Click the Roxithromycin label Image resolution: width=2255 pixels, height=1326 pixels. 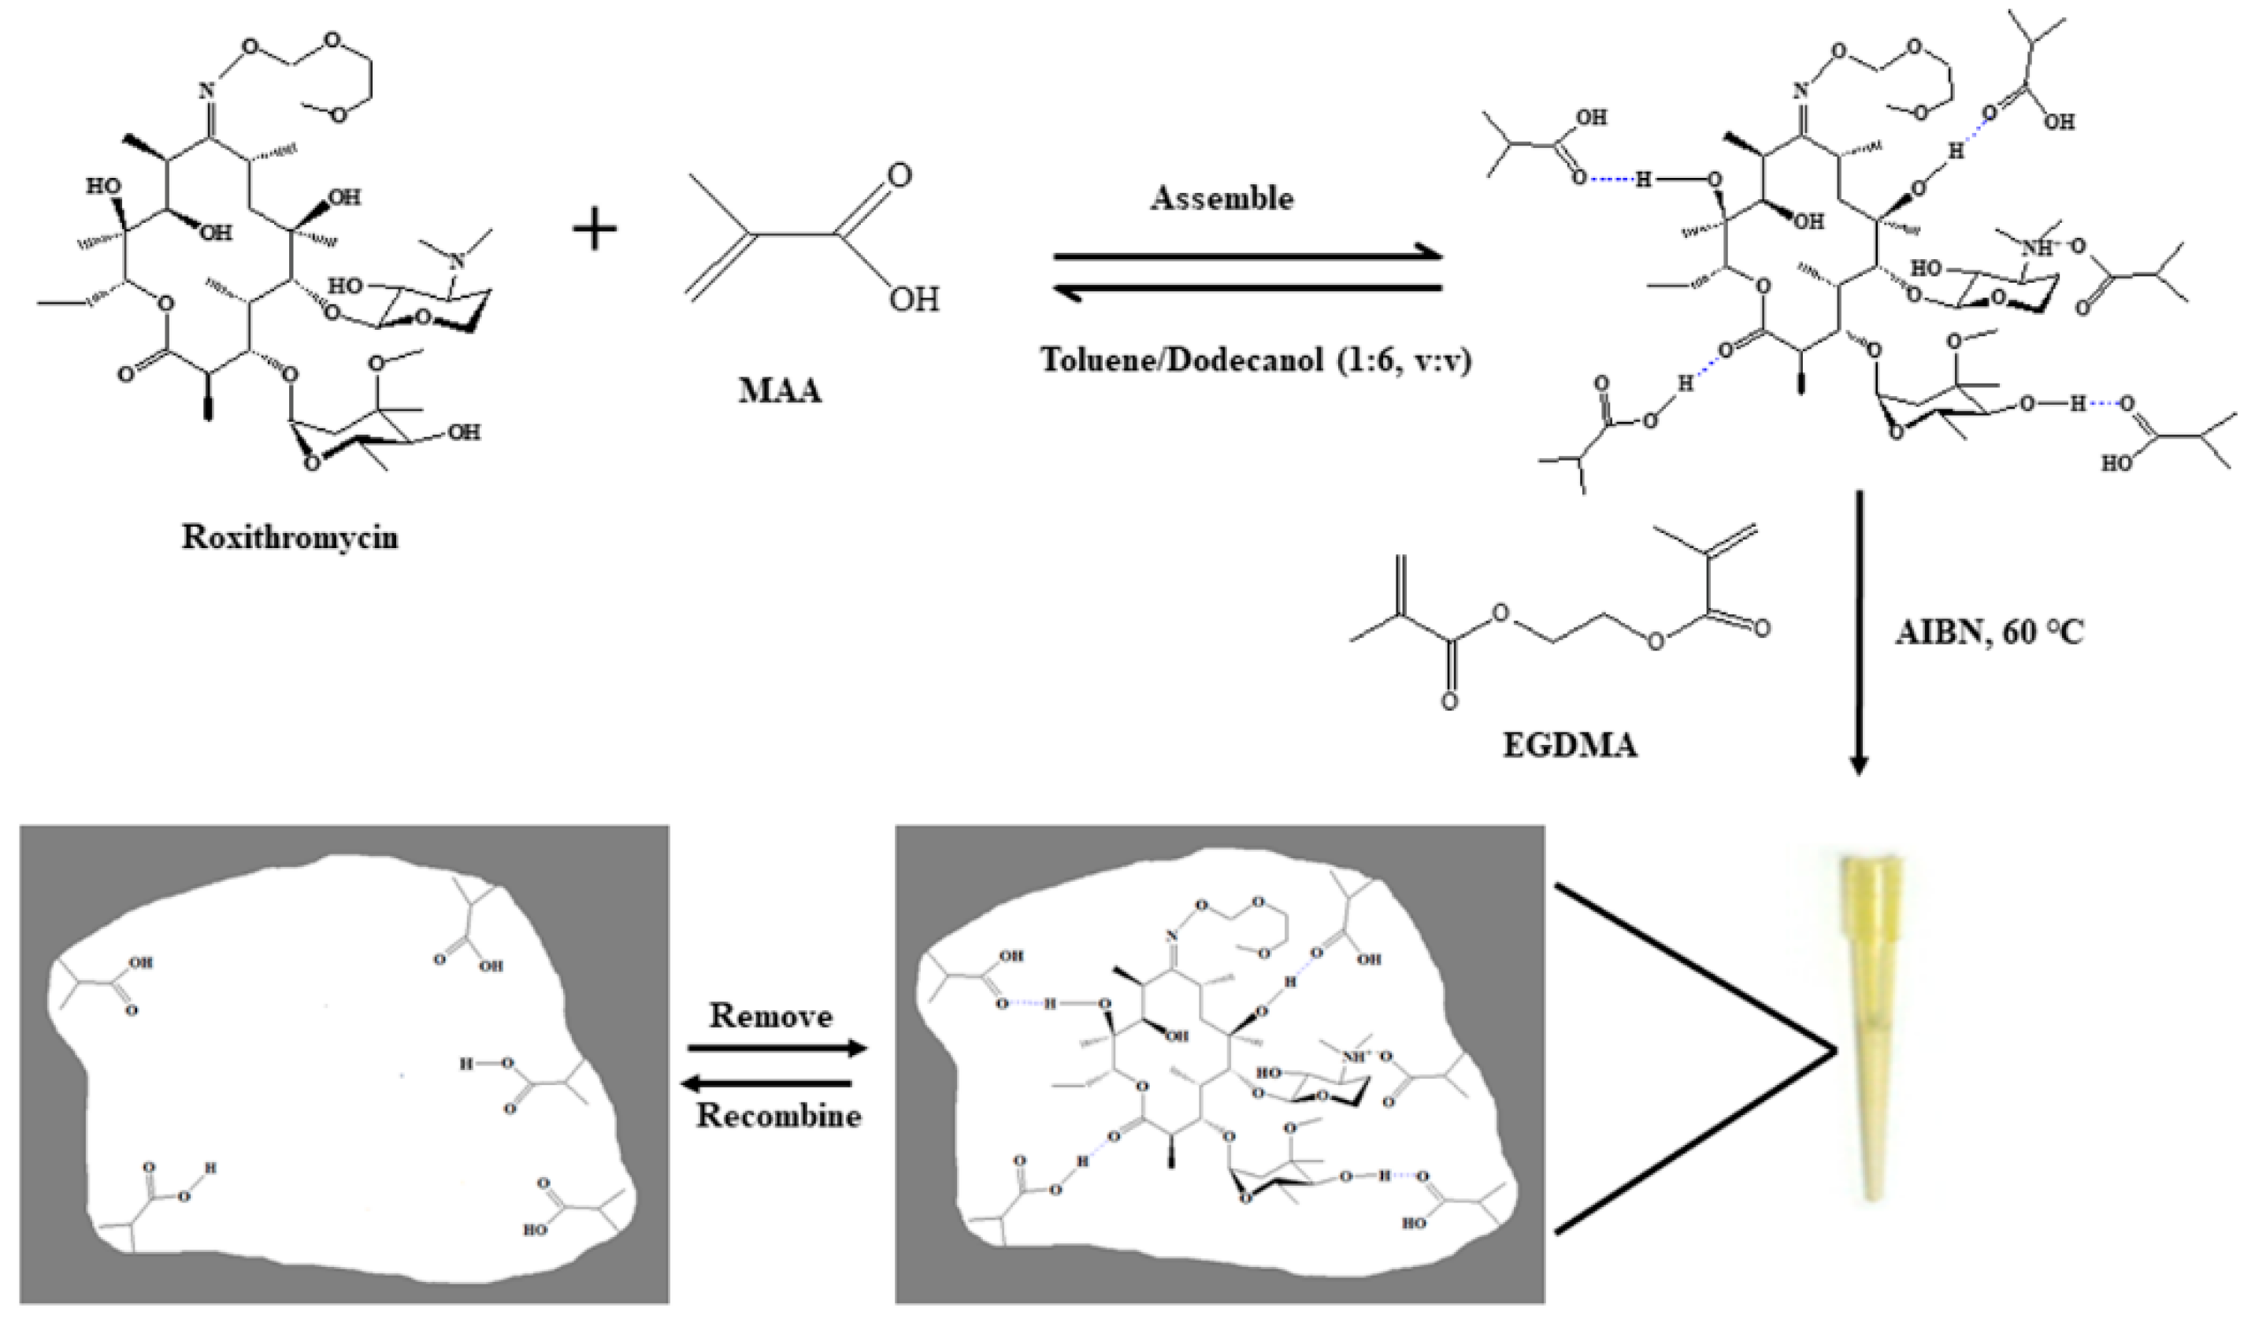pos(290,537)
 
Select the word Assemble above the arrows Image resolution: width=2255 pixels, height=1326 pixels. pos(1222,198)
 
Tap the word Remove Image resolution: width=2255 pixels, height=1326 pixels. pos(770,1016)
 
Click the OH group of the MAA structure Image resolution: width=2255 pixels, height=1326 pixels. pos(914,299)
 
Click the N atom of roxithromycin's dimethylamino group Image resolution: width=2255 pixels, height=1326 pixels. pos(459,261)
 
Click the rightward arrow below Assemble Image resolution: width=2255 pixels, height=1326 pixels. pos(1248,257)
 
